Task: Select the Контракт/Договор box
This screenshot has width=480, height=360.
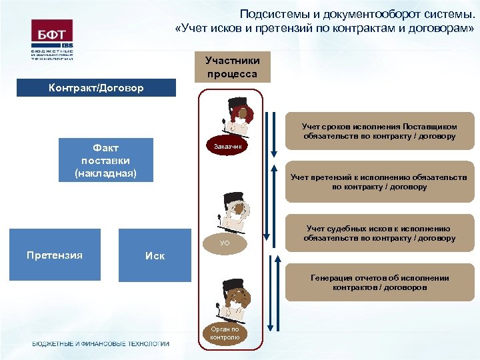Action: pos(96,88)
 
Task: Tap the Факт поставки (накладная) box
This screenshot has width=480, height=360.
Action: pos(107,160)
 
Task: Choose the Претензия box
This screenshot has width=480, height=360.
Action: pos(55,255)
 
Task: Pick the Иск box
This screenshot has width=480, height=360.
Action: pos(155,255)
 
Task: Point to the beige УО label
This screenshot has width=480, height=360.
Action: pos(225,243)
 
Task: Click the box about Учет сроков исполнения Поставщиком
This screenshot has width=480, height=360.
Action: pos(379,131)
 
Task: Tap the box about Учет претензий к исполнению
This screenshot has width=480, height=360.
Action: pos(379,181)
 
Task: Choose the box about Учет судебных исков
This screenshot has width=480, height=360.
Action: pos(379,233)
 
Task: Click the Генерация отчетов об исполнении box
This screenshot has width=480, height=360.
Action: pos(379,283)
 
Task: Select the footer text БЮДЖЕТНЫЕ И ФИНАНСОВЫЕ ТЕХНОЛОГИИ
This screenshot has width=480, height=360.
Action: pos(101,344)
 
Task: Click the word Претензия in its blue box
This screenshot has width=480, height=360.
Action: pos(55,255)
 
